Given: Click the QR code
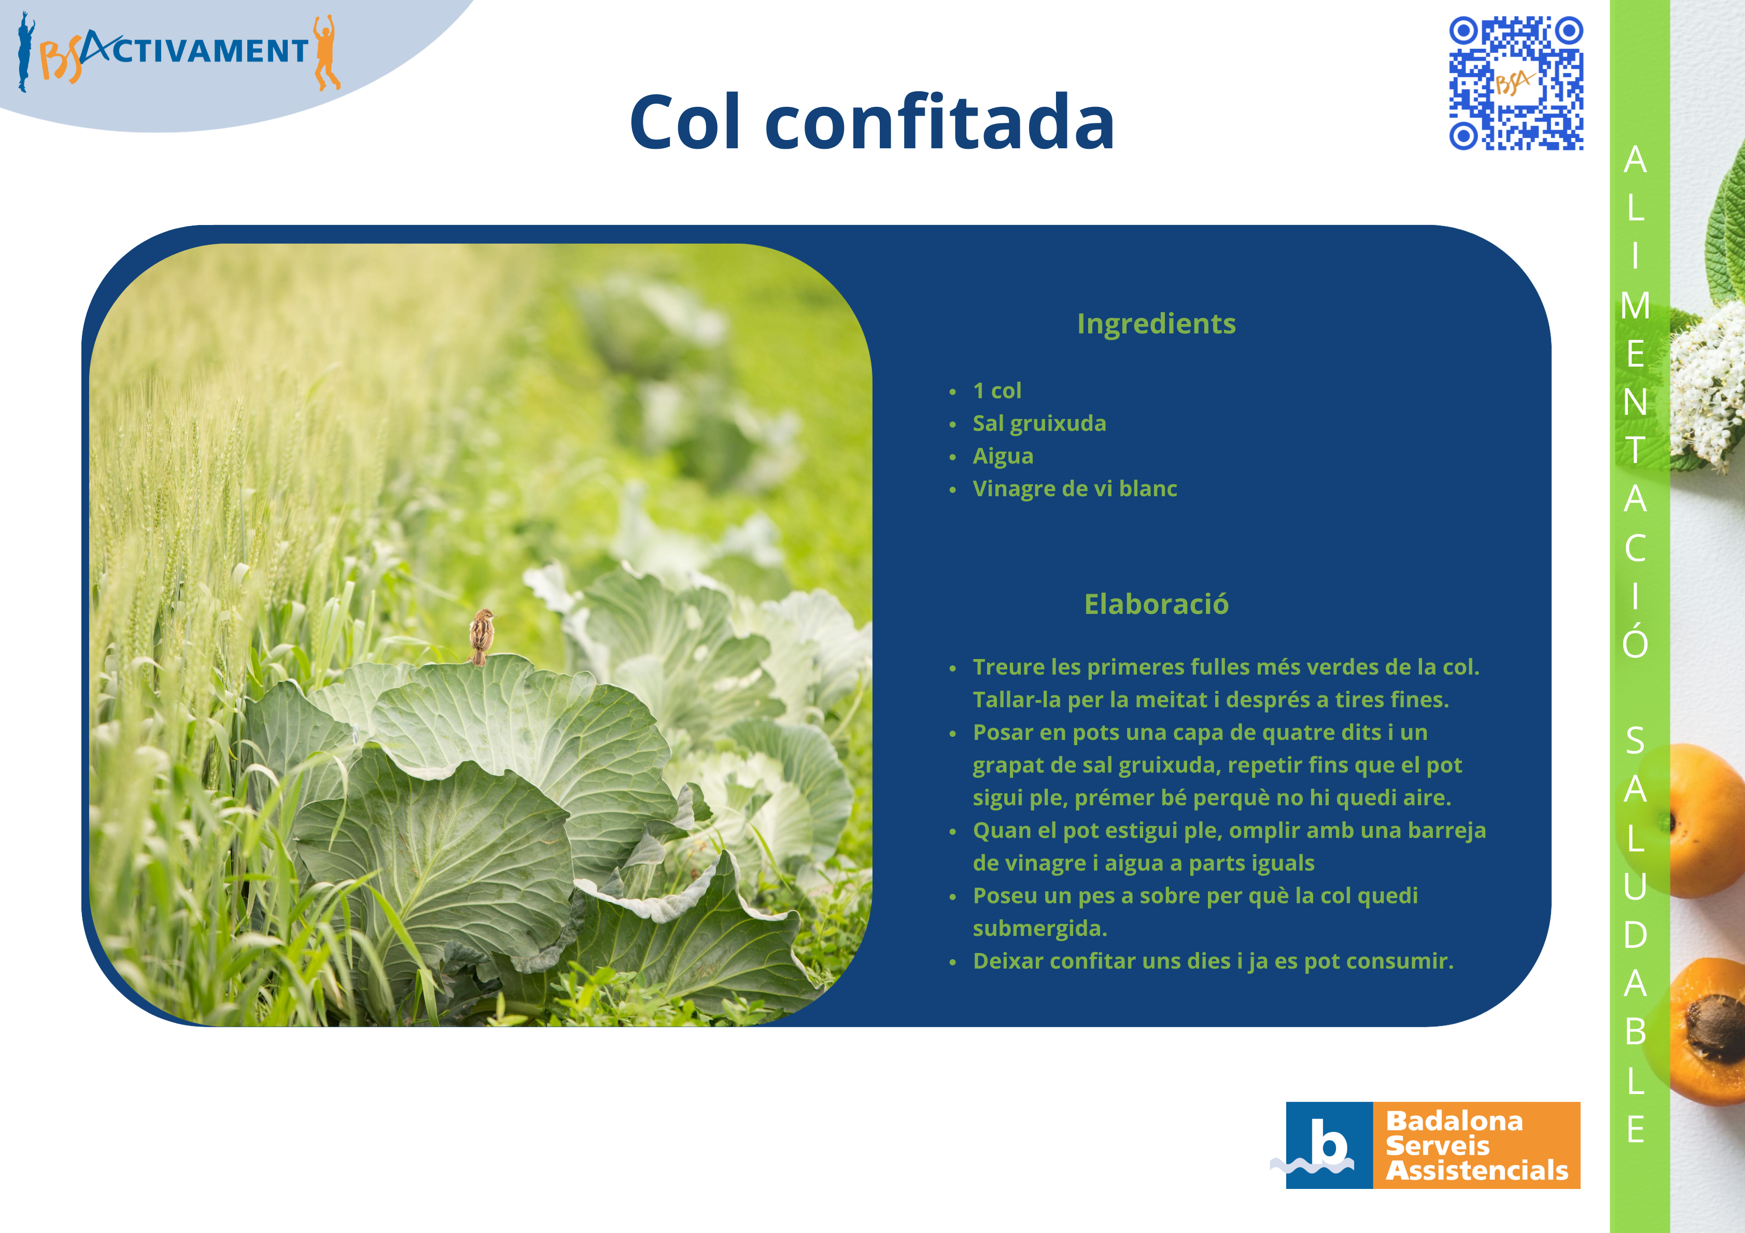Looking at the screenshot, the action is coord(1516,83).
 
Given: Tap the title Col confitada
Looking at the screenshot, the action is coord(872,122).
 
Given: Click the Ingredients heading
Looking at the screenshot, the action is coord(1156,324).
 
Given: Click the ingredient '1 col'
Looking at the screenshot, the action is coord(997,391).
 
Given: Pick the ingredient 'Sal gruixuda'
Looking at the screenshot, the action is coord(1039,424).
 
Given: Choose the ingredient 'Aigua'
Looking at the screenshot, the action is coord(1003,456).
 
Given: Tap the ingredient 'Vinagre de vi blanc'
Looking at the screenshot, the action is coord(1075,489).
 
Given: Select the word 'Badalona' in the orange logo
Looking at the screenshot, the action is coord(1454,1120).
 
